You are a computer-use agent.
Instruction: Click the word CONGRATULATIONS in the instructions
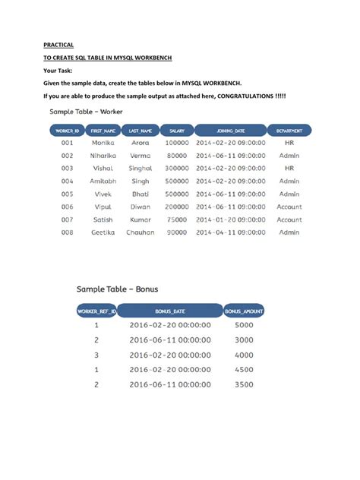click(246, 96)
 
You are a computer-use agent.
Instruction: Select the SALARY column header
click(176, 131)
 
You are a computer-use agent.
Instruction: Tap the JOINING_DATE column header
click(230, 131)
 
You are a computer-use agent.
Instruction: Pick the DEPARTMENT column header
click(289, 131)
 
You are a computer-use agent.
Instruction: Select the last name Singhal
click(141, 168)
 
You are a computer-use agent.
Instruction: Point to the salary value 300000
click(176, 168)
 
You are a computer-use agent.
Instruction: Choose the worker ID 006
click(67, 207)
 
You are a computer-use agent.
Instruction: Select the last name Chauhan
click(141, 232)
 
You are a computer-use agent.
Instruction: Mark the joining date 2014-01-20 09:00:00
click(230, 219)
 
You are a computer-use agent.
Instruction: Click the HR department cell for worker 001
click(289, 143)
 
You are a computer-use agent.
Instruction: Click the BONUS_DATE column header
click(169, 311)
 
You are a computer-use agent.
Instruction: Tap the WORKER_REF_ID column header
click(96, 311)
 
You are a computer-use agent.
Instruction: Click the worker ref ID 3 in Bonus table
click(96, 355)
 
